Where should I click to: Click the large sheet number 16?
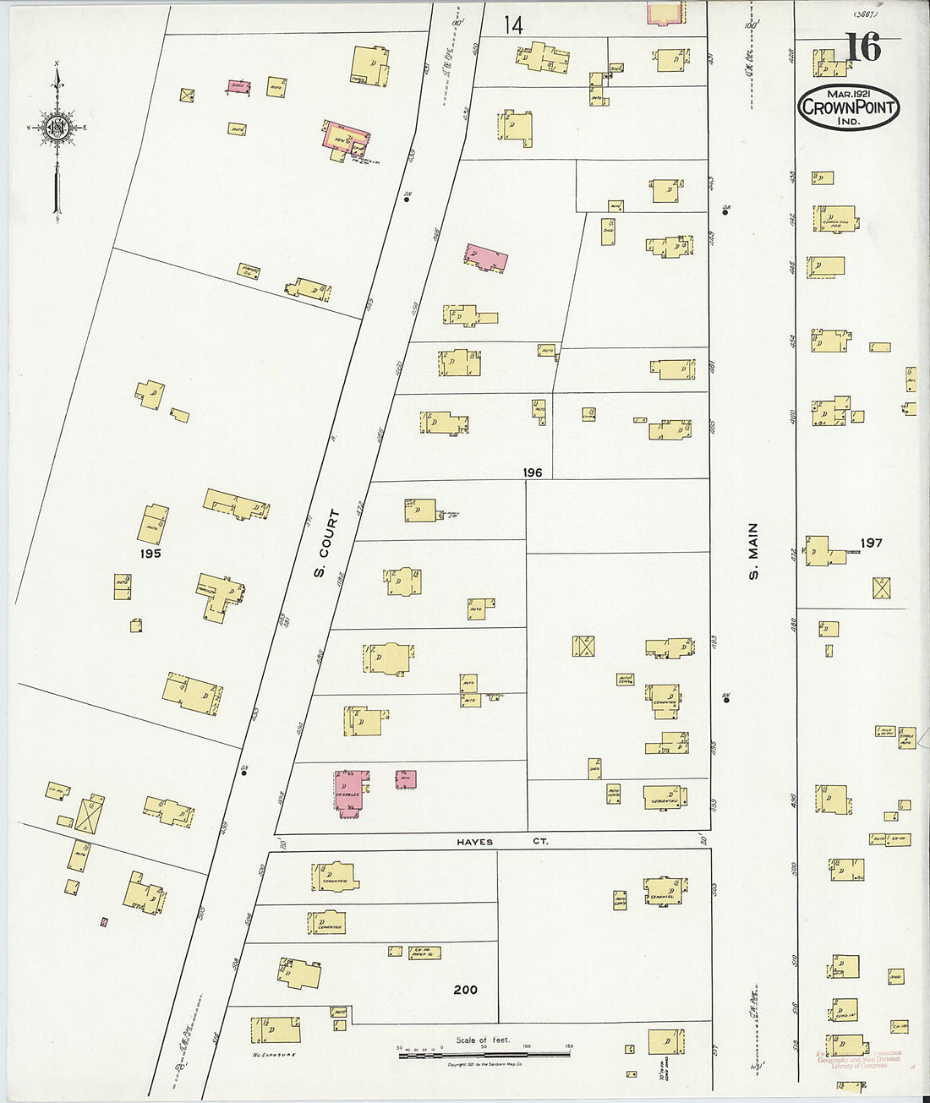pos(862,47)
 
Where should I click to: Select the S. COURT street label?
pos(325,543)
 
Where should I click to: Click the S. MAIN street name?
pos(753,550)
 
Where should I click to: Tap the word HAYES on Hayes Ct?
pos(475,842)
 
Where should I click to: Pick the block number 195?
pos(151,554)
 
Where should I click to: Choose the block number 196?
pos(533,472)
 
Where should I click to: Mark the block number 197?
pos(871,543)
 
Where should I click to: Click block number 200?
pos(465,990)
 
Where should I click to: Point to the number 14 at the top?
pos(513,25)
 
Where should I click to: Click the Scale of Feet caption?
pos(483,1040)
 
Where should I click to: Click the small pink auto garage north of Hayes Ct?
pos(406,779)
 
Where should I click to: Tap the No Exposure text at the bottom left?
pos(273,1055)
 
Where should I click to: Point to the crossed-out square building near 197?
pos(883,588)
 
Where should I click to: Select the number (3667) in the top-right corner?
pos(866,14)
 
